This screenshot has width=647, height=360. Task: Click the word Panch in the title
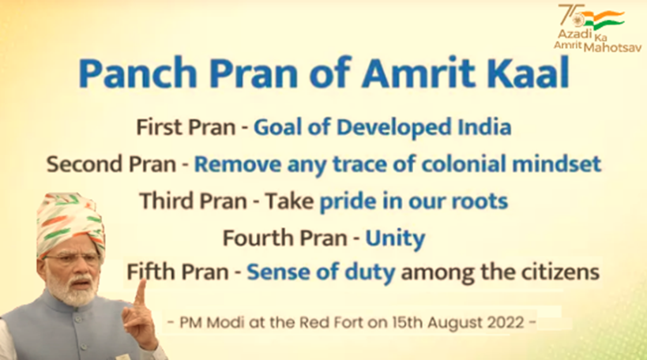coord(137,73)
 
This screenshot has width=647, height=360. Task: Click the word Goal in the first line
coord(278,126)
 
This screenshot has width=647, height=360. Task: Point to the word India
coord(484,126)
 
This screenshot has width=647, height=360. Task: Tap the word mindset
coord(556,163)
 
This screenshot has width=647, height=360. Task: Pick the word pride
coord(348,202)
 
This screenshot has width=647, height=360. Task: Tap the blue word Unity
coord(395,239)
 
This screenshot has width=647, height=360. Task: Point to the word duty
coord(370,273)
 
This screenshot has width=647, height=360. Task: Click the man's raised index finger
coord(141,291)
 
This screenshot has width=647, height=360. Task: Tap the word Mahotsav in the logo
coord(613,47)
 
